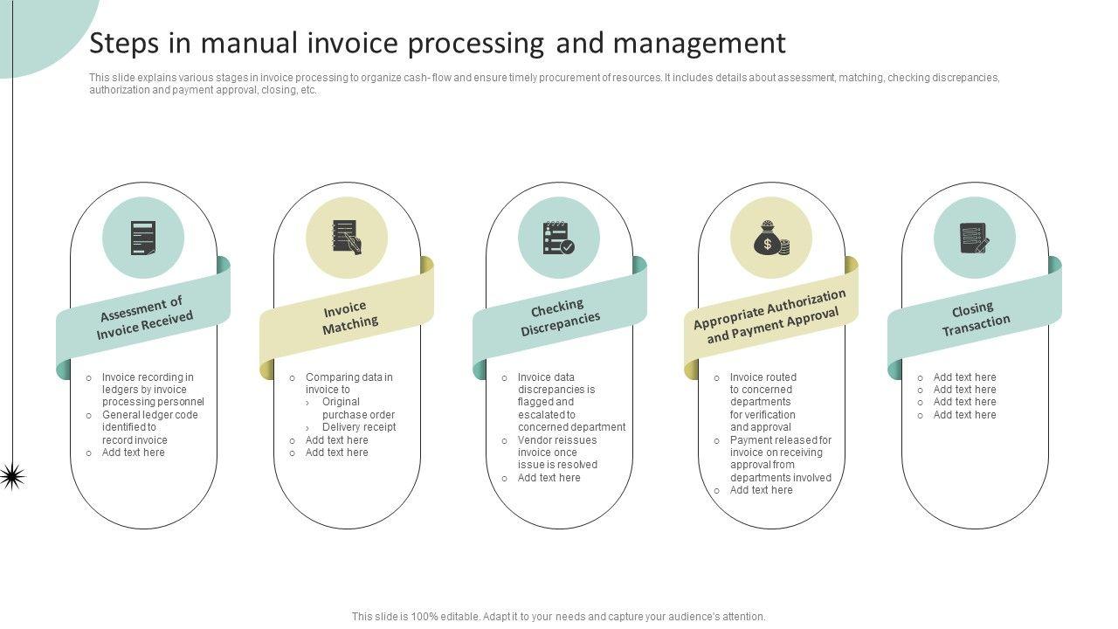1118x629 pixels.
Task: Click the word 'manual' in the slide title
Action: pos(249,43)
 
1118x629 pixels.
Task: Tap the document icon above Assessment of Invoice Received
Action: pos(143,238)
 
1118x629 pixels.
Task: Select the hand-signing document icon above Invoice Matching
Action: pos(347,238)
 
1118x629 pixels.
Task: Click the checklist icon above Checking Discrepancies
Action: pos(558,238)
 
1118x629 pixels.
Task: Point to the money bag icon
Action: pos(771,238)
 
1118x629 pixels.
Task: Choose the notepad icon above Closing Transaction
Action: pos(975,238)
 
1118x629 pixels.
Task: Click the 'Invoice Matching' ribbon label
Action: pos(349,317)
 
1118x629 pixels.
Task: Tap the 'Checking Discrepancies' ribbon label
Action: pos(559,317)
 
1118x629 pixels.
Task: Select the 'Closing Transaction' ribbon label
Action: pos(975,319)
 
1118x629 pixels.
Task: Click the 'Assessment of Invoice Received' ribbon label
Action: pos(144,318)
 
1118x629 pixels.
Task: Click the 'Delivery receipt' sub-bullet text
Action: pos(359,427)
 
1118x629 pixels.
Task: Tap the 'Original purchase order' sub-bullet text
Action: pos(358,408)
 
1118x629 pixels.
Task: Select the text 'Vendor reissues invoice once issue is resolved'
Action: pos(557,453)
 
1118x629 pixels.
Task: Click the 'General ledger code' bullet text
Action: pos(149,427)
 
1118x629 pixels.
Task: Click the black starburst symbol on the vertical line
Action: pos(12,476)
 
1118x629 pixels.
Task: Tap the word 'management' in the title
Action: pos(700,43)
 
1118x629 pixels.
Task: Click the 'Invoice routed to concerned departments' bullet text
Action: pos(763,402)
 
